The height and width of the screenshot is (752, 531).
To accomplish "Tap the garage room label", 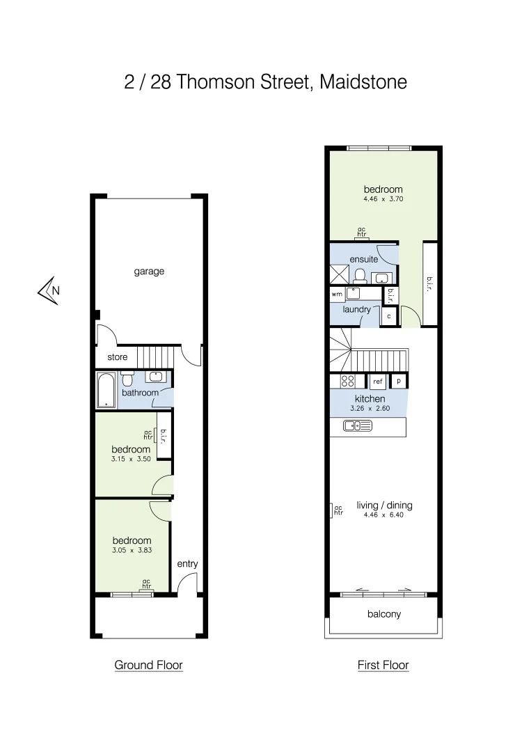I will pos(149,272).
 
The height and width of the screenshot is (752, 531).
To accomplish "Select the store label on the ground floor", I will pos(117,357).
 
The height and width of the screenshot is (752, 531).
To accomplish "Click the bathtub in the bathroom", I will pos(106,390).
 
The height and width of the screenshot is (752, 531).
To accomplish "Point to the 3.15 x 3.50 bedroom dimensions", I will pos(132,460).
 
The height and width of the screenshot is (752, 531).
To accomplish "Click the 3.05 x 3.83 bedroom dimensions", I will pos(132,550).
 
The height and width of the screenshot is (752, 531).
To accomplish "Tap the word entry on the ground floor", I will pos(187,563).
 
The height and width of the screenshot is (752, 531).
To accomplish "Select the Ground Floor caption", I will pos(148,665).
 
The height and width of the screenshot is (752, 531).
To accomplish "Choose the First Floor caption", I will pos(383,665).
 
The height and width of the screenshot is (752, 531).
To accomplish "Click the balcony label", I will pos(383,614).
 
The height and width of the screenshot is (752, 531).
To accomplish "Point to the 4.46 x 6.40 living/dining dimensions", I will pos(383,515).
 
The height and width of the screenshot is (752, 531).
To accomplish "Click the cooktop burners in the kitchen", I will pos(347,381).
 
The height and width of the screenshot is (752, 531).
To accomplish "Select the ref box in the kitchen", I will pos(378,382).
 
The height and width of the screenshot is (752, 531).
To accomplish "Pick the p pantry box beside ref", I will pos(399,381).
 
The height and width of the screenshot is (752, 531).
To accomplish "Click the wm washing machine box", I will pos(337,295).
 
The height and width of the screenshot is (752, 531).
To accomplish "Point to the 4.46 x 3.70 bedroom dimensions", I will pos(383,199).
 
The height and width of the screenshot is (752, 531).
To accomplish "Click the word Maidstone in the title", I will pos(363,82).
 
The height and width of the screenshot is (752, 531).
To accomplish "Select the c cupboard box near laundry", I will pos(389,315).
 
